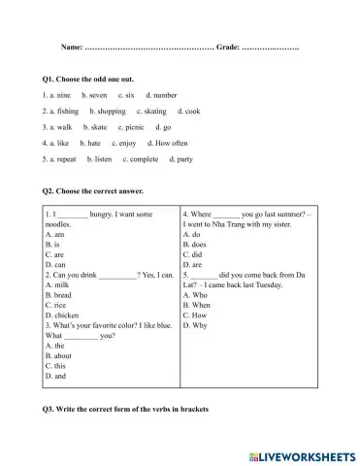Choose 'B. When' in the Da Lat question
(x=198, y=305)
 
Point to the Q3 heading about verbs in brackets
(x=126, y=409)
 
